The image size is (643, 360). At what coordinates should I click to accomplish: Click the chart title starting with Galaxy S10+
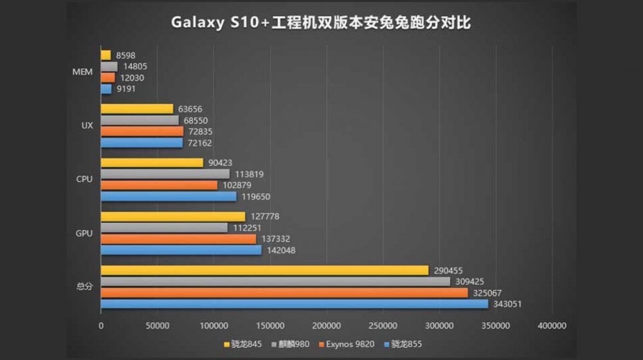(x=321, y=23)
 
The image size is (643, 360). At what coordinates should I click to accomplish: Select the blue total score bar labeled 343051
(x=294, y=304)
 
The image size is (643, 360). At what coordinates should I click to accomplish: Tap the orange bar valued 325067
(x=284, y=292)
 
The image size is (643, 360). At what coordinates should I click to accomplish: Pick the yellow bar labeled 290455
(x=264, y=271)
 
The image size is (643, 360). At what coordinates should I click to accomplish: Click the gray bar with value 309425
(x=275, y=282)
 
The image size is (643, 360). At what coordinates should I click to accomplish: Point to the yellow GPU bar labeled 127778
(x=173, y=217)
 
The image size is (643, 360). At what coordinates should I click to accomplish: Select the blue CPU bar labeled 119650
(x=168, y=197)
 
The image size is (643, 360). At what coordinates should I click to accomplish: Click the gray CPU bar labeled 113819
(x=165, y=174)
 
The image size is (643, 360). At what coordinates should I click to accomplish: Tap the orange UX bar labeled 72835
(x=142, y=131)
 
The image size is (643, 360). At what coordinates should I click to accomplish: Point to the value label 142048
(x=281, y=250)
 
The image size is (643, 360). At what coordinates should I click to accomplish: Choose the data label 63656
(x=189, y=109)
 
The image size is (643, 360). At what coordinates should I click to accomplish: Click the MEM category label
(x=82, y=71)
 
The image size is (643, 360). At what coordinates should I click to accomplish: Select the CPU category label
(x=84, y=179)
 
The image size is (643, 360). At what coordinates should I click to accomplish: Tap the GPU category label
(x=84, y=233)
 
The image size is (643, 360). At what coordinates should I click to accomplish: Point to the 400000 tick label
(x=552, y=326)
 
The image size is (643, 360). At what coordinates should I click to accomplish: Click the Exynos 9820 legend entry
(x=347, y=345)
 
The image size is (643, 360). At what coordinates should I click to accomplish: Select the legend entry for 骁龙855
(x=403, y=345)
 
